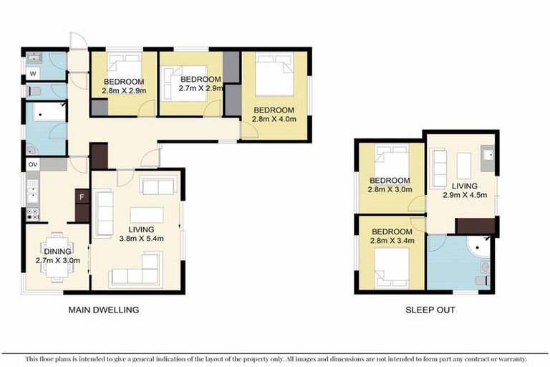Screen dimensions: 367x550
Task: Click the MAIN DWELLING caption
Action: pyautogui.click(x=103, y=310)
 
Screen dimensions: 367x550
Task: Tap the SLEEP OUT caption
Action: pyautogui.click(x=430, y=310)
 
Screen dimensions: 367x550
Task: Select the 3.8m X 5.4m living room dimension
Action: pyautogui.click(x=142, y=238)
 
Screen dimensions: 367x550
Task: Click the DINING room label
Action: pyautogui.click(x=57, y=252)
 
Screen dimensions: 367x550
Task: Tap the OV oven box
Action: pyautogui.click(x=32, y=165)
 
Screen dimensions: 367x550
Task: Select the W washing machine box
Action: pyautogui.click(x=32, y=73)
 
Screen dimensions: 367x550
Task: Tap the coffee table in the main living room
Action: pyautogui.click(x=146, y=215)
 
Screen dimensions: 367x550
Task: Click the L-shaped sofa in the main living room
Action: pyautogui.click(x=136, y=276)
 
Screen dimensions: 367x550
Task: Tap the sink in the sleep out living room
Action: pyautogui.click(x=488, y=156)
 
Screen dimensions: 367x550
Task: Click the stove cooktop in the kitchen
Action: pyautogui.click(x=32, y=214)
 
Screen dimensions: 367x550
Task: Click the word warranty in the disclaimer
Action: pyautogui.click(x=510, y=358)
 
